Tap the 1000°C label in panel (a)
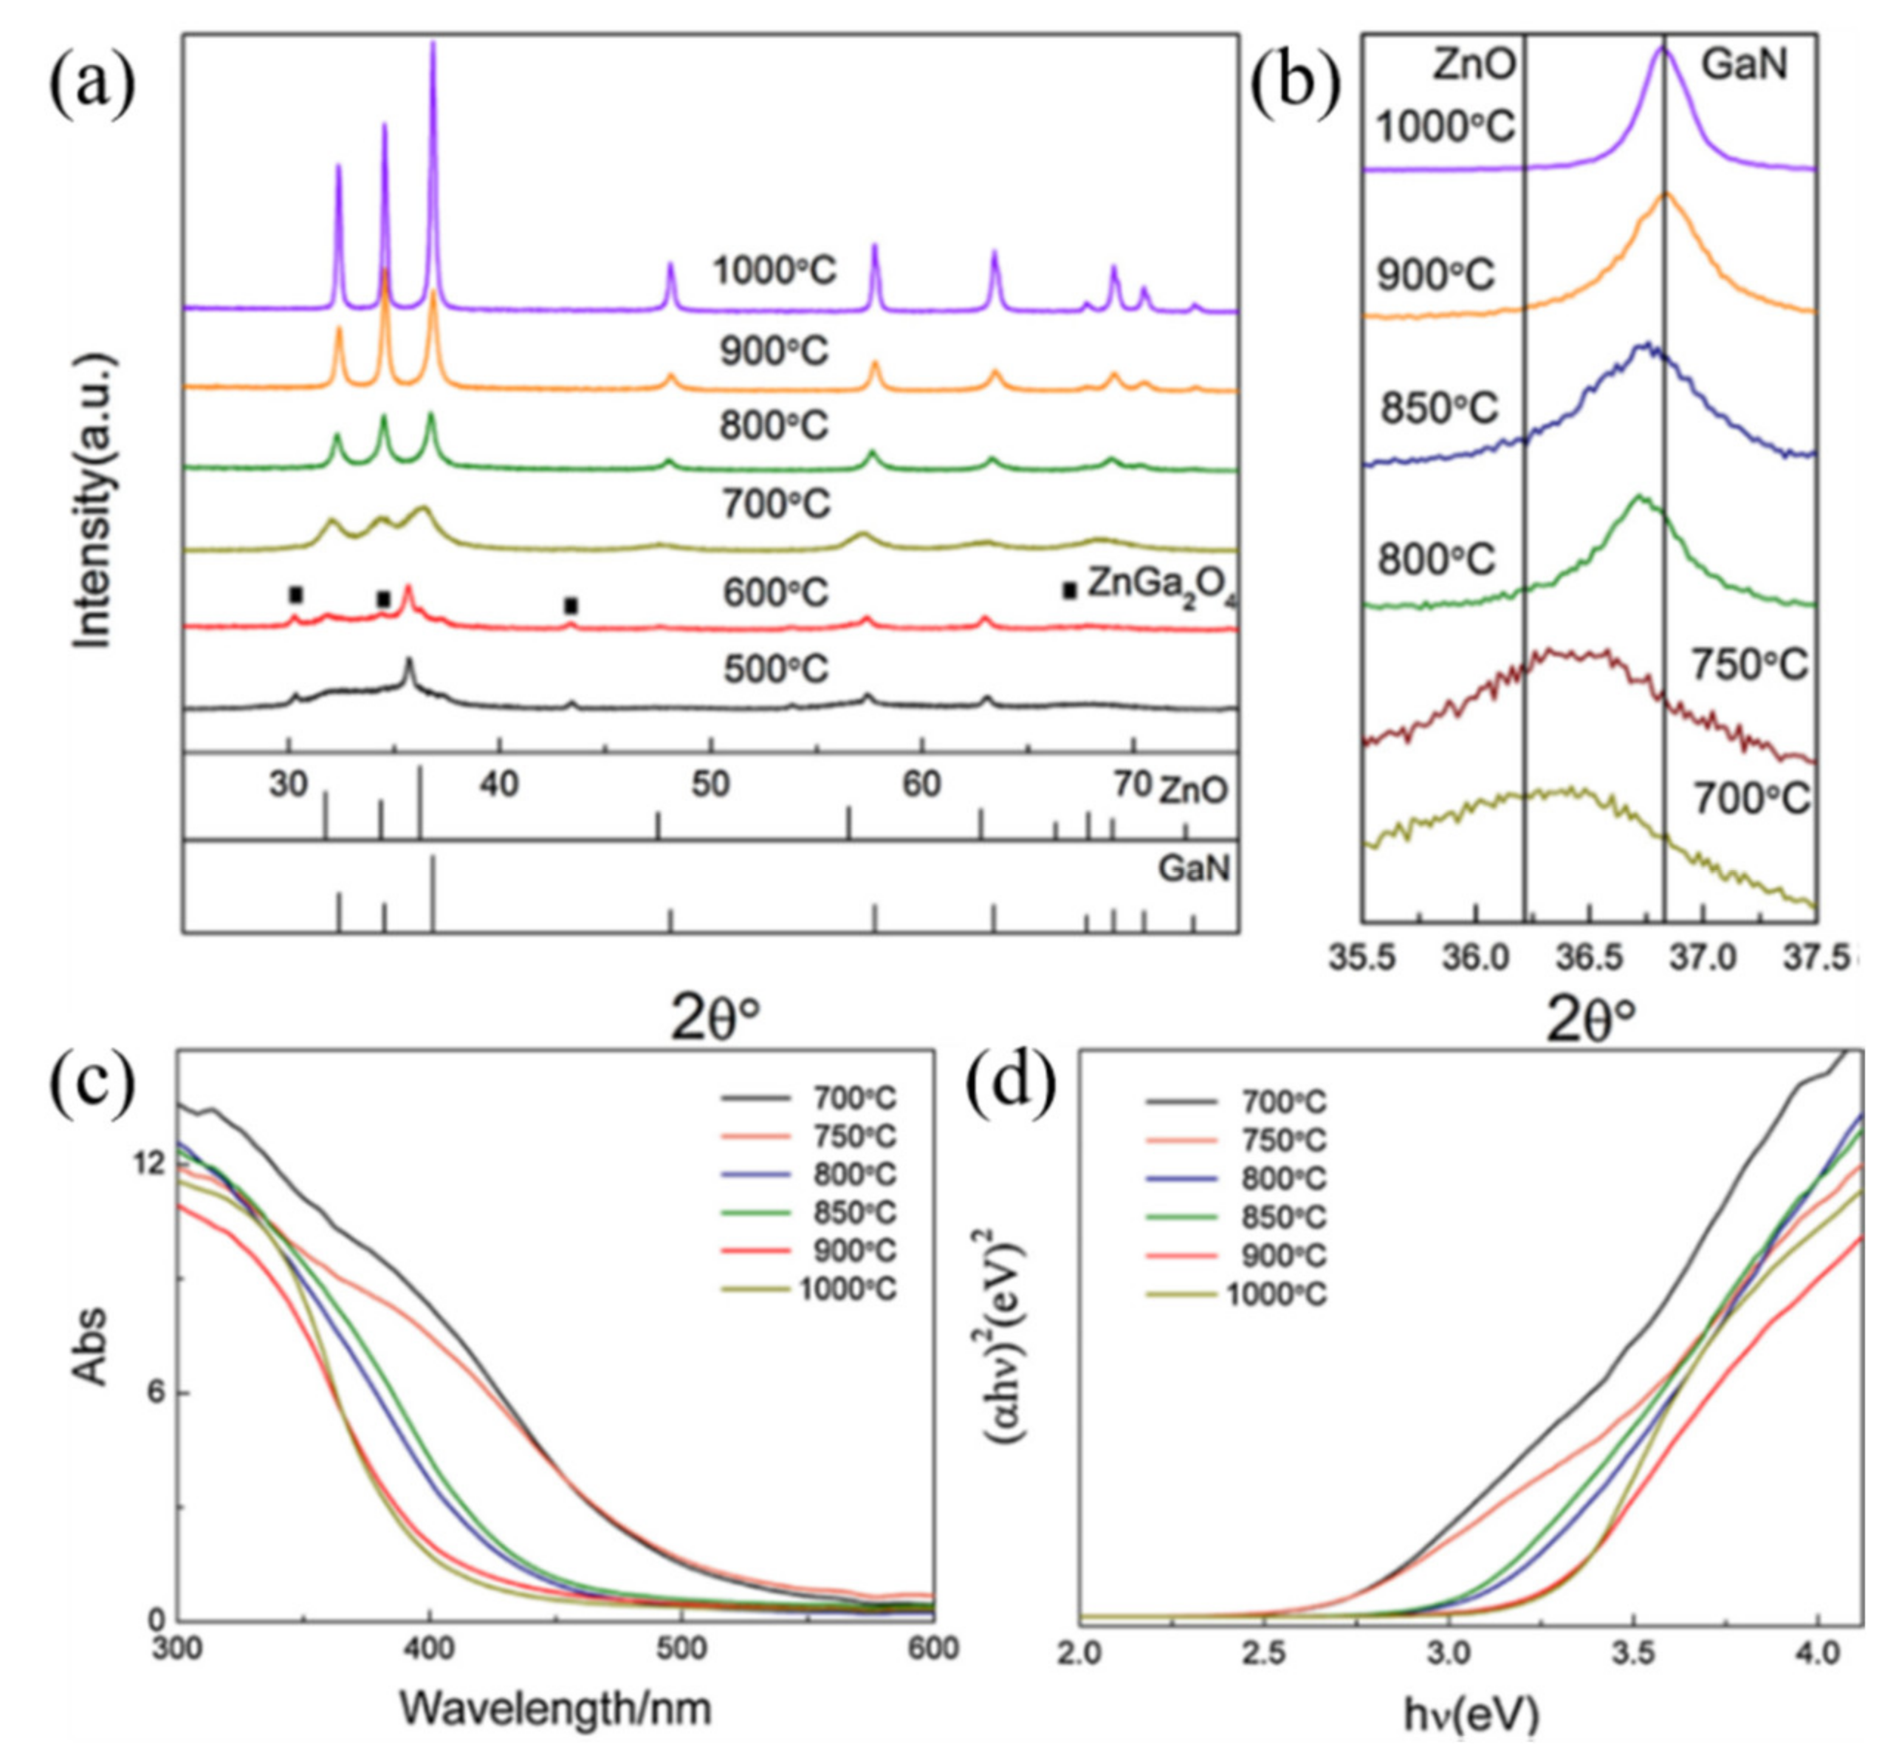pos(774,272)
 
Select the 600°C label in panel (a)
pos(775,593)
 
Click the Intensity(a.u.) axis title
pos(95,502)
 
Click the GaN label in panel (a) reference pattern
pos(1194,869)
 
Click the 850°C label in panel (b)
pos(1440,408)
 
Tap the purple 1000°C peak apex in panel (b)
pos(1663,49)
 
